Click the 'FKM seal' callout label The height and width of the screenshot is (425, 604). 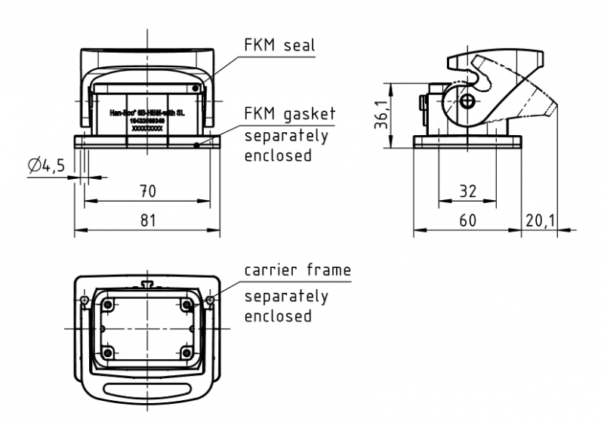278,45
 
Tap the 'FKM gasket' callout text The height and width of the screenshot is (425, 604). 289,115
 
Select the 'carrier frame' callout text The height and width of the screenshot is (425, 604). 297,269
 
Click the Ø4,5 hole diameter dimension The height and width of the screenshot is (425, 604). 46,165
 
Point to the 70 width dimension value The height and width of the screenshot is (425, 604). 147,191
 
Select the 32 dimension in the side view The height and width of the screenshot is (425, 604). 468,191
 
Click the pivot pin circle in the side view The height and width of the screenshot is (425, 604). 469,101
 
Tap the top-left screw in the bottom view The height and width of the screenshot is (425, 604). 109,306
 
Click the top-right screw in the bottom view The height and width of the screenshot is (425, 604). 186,305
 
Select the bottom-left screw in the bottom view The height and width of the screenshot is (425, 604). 109,353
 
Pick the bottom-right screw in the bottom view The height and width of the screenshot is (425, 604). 186,353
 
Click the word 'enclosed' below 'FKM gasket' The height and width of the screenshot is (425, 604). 278,156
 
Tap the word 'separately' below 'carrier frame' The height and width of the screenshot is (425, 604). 286,297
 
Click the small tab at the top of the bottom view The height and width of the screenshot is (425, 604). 147,284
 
